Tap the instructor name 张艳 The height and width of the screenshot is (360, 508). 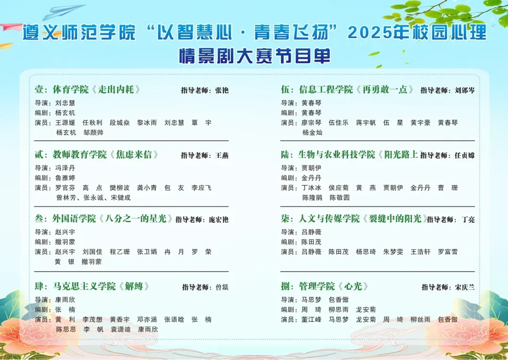pos(222,90)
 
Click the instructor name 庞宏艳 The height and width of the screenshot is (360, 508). pos(219,220)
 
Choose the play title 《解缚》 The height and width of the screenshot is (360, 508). pos(134,286)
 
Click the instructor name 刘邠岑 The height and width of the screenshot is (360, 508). pos(465,90)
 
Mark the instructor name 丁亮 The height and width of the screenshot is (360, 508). pos(468,220)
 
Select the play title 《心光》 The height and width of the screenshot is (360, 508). pos(353,286)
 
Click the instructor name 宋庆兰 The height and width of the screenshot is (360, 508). pos(465,287)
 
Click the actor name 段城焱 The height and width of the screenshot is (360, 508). pos(119,123)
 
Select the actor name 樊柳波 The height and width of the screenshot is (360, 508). pos(119,188)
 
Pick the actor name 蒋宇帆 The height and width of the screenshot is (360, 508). pos(366,123)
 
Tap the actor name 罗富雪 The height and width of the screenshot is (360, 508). pos(448,252)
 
